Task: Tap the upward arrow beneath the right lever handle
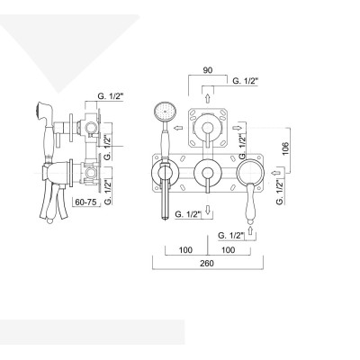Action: (x=250, y=231)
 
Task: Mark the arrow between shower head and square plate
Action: (x=180, y=130)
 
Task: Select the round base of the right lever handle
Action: (x=251, y=171)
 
